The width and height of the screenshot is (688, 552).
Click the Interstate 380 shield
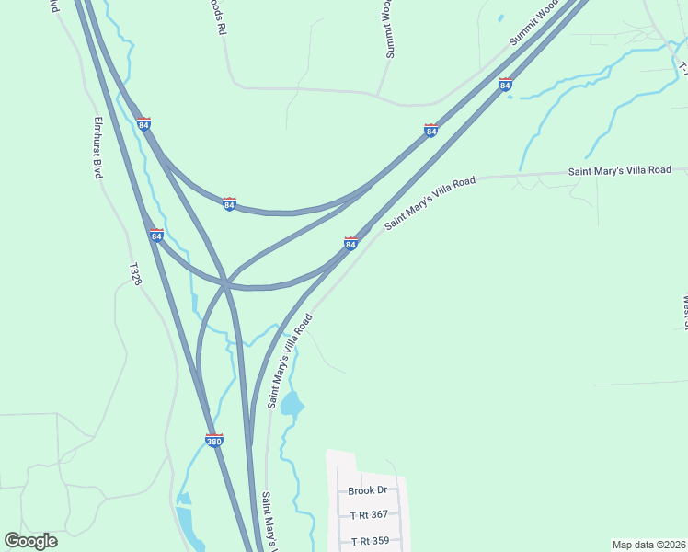tap(213, 440)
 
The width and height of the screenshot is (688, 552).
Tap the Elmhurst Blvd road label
tap(97, 147)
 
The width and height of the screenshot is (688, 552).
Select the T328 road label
tap(135, 273)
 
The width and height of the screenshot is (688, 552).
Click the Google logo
tap(30, 541)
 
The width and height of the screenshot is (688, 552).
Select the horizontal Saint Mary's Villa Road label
tap(619, 170)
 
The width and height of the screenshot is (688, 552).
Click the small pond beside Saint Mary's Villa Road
tap(291, 403)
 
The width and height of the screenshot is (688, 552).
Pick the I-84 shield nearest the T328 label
tap(156, 236)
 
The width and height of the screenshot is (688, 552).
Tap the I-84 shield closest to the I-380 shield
tap(156, 236)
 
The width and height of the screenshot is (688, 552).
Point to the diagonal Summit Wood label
tap(535, 23)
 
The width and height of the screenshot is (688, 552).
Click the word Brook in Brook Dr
tap(362, 491)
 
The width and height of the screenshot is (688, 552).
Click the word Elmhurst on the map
tap(97, 138)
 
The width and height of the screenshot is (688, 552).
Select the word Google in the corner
tap(30, 541)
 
